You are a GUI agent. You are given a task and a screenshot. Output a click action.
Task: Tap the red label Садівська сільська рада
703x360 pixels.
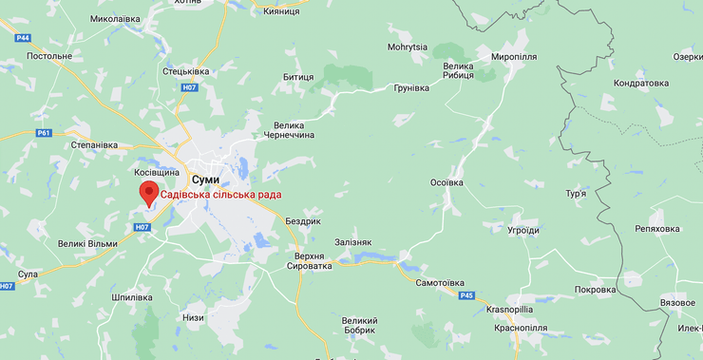pos(220,195)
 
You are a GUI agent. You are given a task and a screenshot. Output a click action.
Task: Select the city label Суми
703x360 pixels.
pos(205,179)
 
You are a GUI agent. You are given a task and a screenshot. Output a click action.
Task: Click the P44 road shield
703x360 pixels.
pos(24,37)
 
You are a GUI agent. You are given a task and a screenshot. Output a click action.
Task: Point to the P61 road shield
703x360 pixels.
pos(44,133)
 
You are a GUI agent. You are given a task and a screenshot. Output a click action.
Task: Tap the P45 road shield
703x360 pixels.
pos(466,295)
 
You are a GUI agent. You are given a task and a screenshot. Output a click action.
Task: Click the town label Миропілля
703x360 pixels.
pos(514,57)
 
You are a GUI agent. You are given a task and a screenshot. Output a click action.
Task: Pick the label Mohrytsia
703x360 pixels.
pos(408,47)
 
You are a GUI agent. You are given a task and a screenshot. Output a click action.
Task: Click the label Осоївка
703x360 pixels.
pos(446,182)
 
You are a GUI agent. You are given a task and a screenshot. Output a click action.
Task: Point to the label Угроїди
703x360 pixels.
pos(523,230)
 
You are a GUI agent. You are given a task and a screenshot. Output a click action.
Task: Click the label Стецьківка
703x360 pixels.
pos(186,71)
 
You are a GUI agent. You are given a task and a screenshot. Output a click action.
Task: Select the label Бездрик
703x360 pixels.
pos(303,220)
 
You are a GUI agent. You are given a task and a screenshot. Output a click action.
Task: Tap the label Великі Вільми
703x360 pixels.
pos(87,244)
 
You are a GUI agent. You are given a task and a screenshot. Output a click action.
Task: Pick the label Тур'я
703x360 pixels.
pos(576,194)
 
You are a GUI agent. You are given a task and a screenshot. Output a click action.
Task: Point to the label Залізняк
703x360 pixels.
pos(353,243)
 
